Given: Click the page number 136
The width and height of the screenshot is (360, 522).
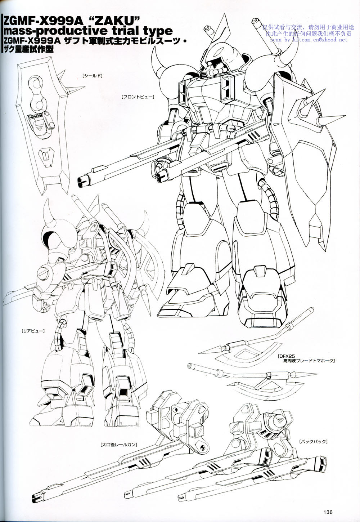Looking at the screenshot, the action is tap(327, 512).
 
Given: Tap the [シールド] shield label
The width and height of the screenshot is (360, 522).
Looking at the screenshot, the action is tap(93, 76).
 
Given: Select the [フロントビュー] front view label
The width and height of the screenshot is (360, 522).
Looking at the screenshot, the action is tap(138, 97).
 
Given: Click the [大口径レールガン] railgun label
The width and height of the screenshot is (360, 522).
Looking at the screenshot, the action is tap(119, 445).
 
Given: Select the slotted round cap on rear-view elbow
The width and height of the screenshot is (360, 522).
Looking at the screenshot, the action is tap(44, 272).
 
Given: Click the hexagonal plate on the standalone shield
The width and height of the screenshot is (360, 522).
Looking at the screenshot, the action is tap(46, 156).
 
